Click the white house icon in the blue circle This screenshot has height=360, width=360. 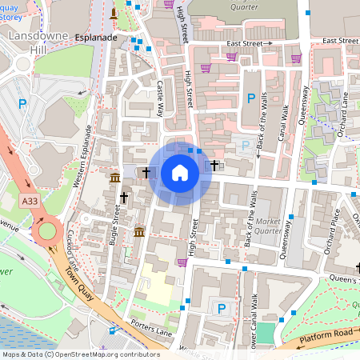[180, 172]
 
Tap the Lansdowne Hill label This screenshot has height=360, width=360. [28, 43]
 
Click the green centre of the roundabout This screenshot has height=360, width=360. [48, 232]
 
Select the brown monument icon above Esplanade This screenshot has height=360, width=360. [114, 14]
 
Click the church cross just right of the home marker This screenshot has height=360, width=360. [214, 166]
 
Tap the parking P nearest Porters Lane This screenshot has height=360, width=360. [222, 308]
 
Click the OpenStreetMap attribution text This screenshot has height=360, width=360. [80, 354]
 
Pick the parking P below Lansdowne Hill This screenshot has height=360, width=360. [22, 103]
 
